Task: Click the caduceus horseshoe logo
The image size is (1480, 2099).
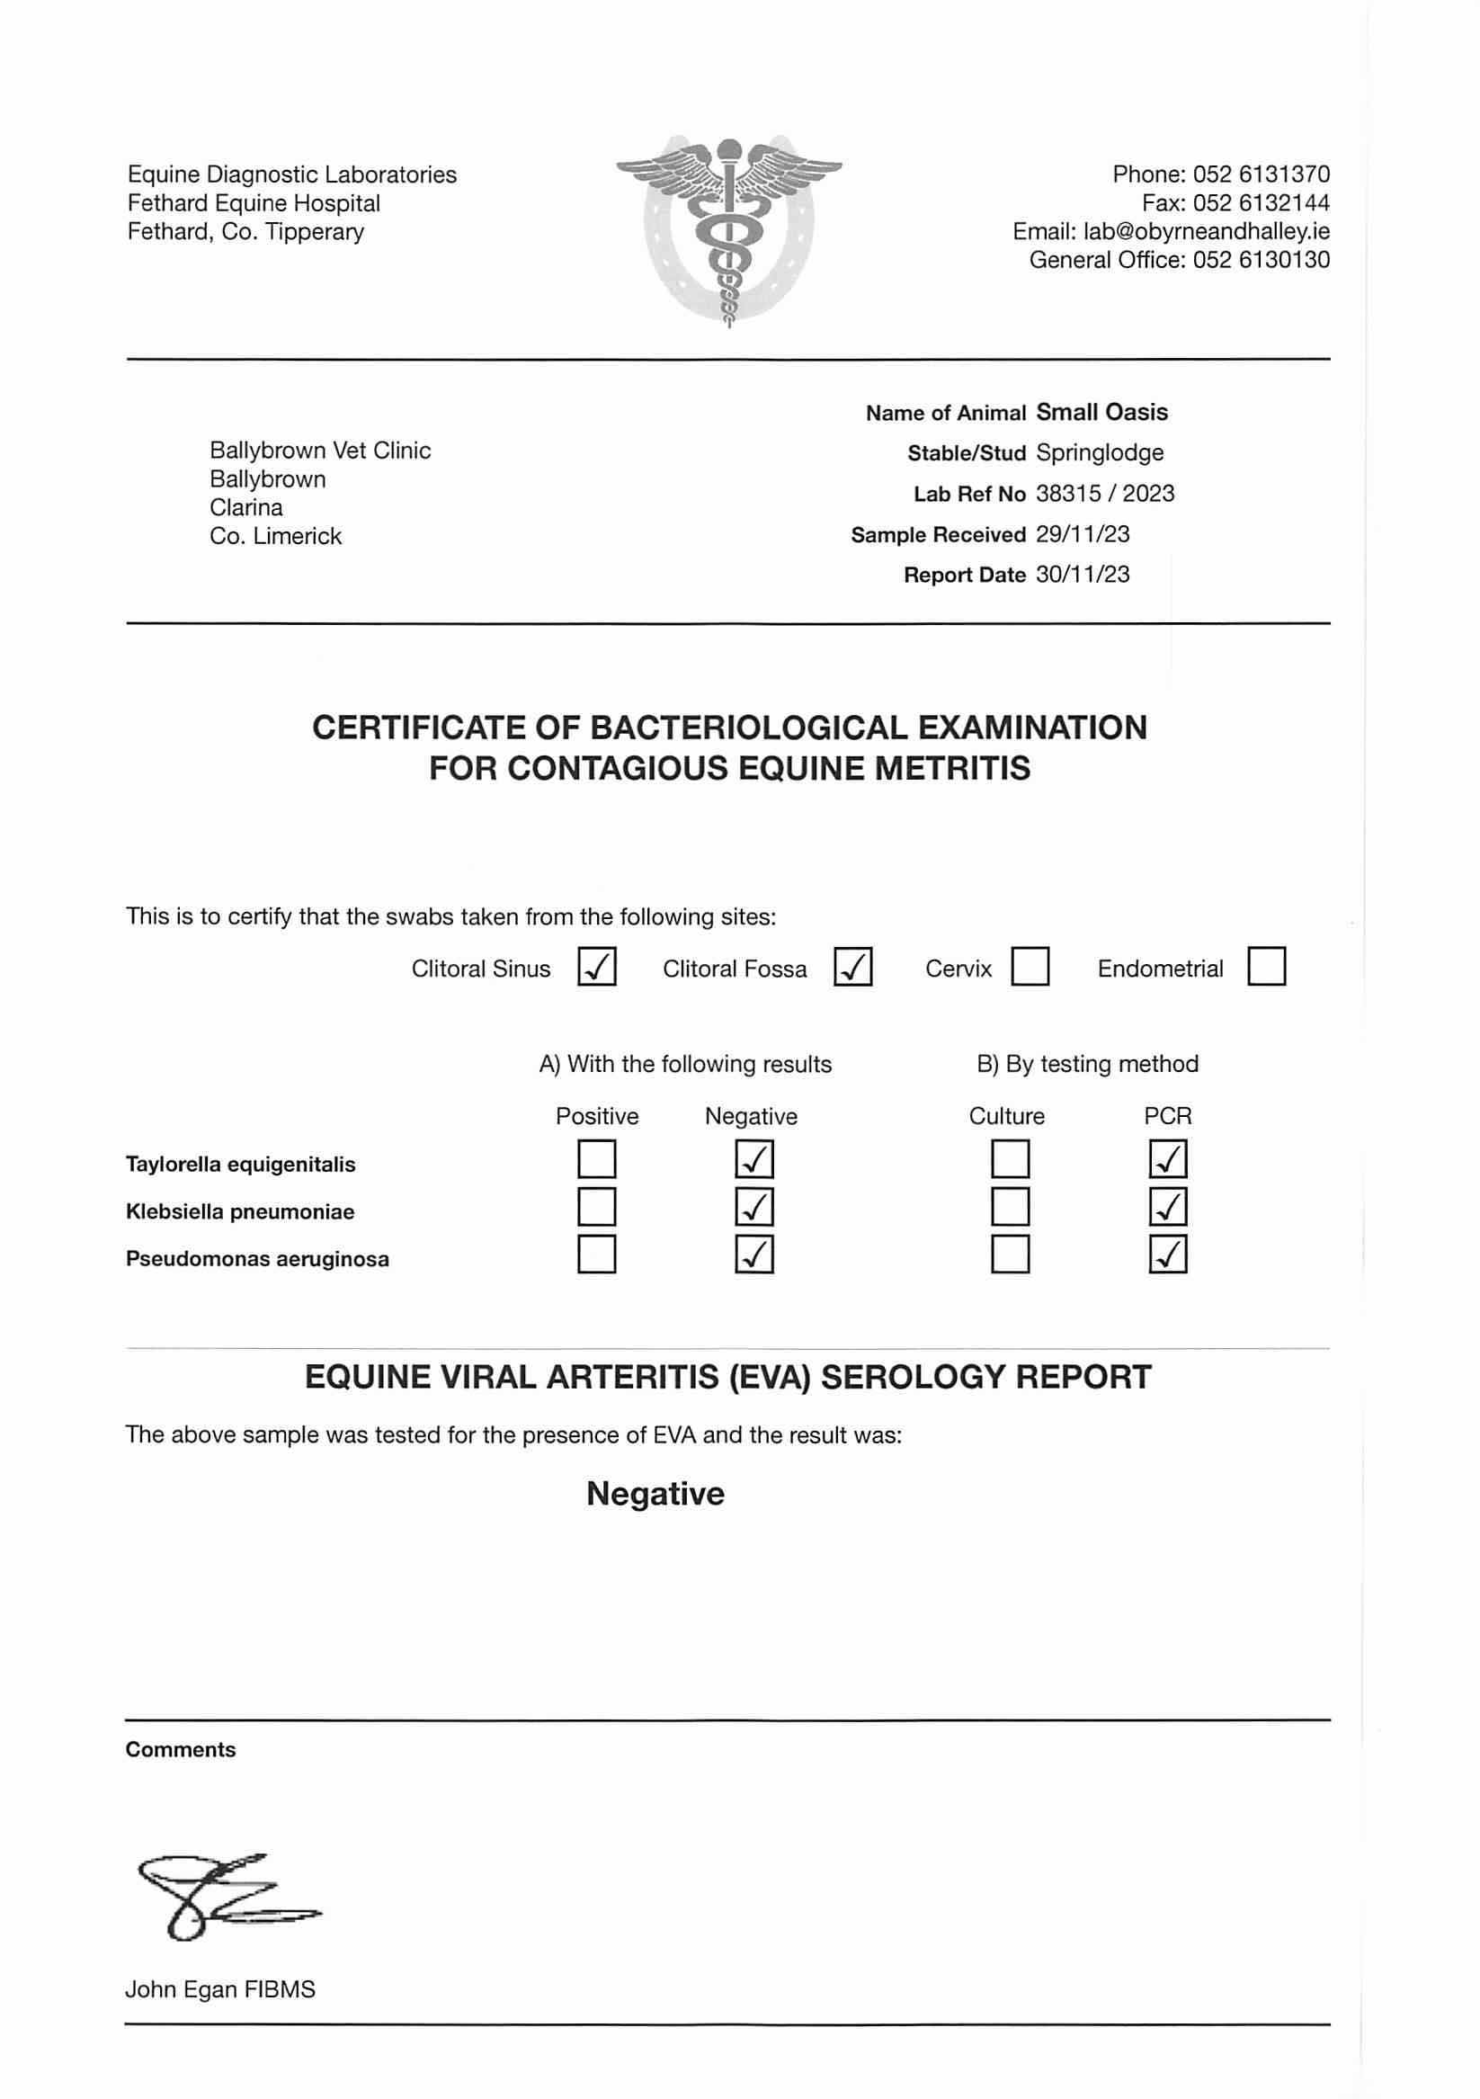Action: (x=728, y=230)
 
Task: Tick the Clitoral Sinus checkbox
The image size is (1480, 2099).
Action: (x=597, y=966)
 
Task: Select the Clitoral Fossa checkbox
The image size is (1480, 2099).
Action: (x=853, y=966)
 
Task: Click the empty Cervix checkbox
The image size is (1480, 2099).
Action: (x=1030, y=966)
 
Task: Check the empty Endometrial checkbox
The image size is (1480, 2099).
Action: (x=1266, y=966)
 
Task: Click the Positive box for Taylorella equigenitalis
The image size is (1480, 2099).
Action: (x=597, y=1159)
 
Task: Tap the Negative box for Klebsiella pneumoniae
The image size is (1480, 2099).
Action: (x=754, y=1207)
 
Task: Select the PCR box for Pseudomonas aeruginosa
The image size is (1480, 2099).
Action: (x=1167, y=1255)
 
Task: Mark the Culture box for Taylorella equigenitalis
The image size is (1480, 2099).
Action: (x=1010, y=1159)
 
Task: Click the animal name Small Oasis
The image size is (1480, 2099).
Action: (x=1101, y=412)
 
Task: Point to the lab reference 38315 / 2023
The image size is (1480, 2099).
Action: (x=1104, y=494)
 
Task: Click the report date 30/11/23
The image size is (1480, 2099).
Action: (x=1083, y=574)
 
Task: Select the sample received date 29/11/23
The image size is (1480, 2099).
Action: (x=1083, y=534)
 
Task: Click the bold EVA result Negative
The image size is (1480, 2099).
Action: (x=655, y=1494)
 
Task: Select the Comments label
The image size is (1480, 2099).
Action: (x=181, y=1750)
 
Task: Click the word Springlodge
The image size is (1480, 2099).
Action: (x=1100, y=452)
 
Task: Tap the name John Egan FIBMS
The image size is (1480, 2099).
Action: (x=220, y=1989)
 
